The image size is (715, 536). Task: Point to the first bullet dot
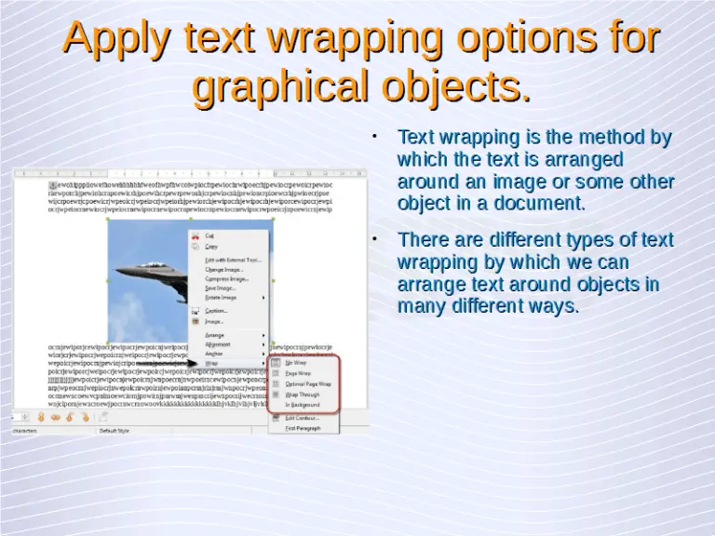tap(373, 136)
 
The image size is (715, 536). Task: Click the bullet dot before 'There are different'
tap(373, 239)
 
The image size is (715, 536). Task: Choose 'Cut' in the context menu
tap(209, 236)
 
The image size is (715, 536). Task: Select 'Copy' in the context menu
tap(211, 247)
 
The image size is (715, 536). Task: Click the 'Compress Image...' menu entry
tap(226, 278)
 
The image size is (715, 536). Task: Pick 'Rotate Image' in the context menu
tap(223, 298)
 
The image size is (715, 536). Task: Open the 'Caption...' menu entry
tap(216, 311)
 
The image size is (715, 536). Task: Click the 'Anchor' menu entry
tap(213, 354)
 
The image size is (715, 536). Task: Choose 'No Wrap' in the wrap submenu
tap(297, 362)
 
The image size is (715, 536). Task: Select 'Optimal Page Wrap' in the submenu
tap(308, 383)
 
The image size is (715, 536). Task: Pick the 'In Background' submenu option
tap(304, 405)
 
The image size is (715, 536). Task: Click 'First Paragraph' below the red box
tap(304, 428)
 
